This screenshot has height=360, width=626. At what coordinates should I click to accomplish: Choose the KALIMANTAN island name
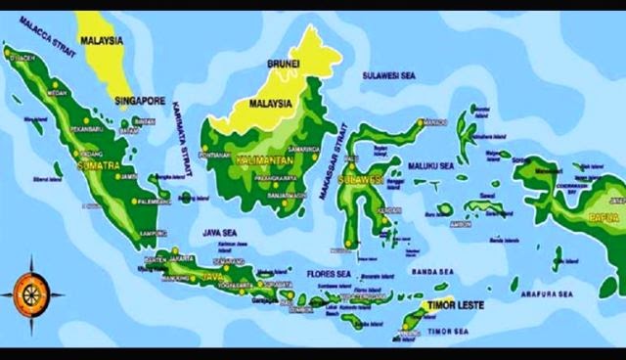click(x=261, y=157)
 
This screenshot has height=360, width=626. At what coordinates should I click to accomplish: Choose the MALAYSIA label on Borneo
click(x=271, y=101)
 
